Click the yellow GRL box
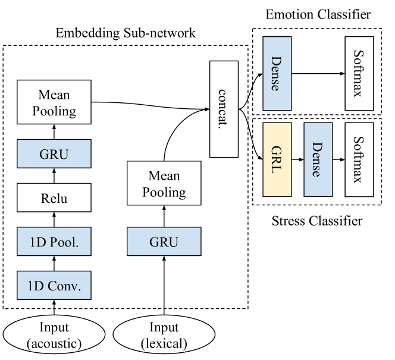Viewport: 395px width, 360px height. [x=277, y=159]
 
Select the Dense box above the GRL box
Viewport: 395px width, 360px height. [x=277, y=74]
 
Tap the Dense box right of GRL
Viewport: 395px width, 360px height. [x=318, y=159]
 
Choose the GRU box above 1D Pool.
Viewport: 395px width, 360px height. [x=54, y=154]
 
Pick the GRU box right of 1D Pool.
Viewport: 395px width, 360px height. [x=164, y=242]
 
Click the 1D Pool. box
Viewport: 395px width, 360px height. [x=54, y=242]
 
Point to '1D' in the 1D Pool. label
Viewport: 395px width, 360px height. [x=35, y=242]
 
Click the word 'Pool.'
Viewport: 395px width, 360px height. [x=62, y=242]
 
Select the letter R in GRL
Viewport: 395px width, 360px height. [x=276, y=159]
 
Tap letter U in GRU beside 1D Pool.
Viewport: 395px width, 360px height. [x=173, y=242]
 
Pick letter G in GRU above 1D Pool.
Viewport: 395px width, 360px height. [x=45, y=154]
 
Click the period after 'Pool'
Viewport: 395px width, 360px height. [x=77, y=246]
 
